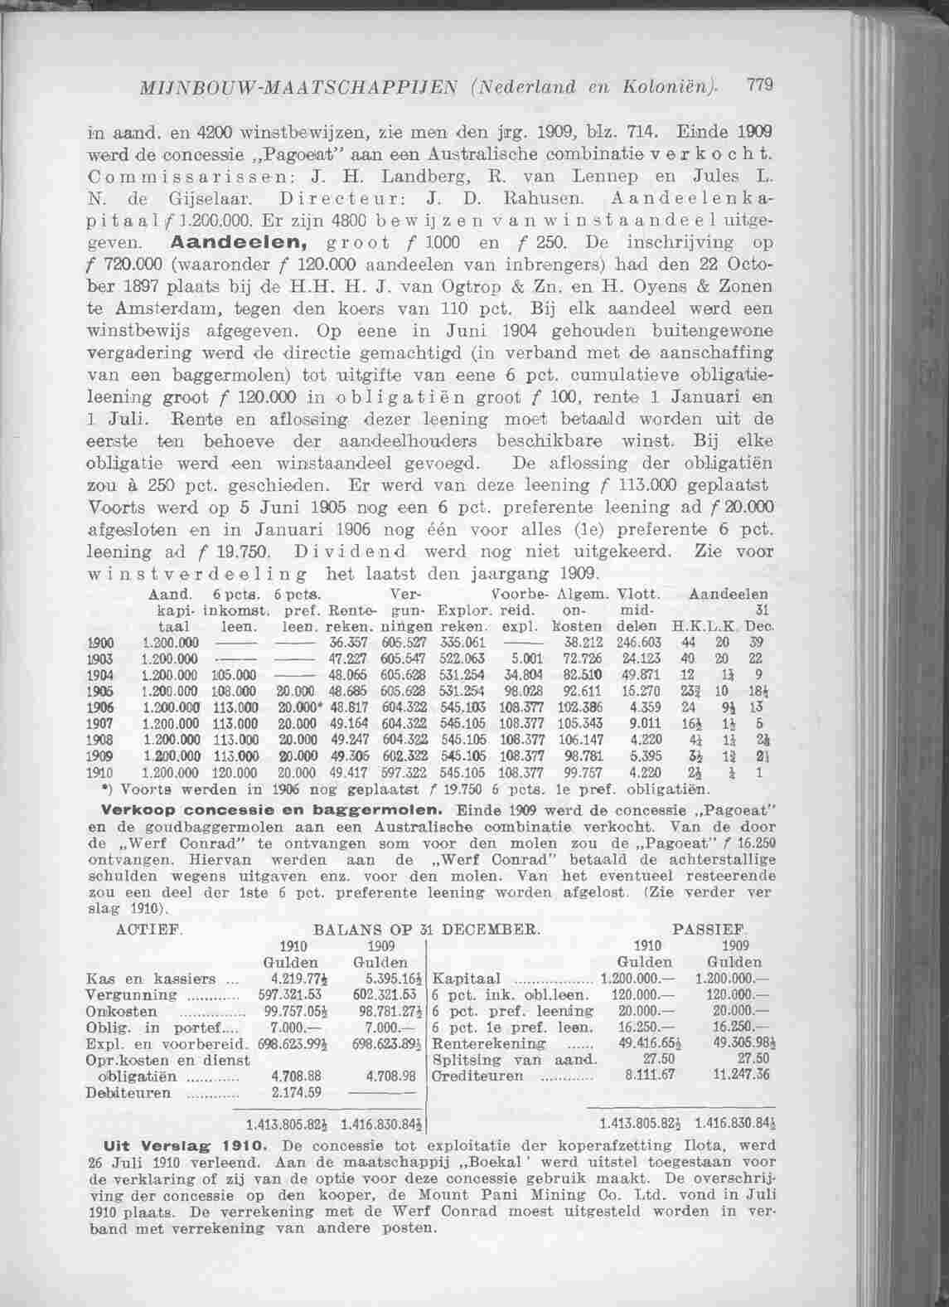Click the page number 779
coord(759,85)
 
